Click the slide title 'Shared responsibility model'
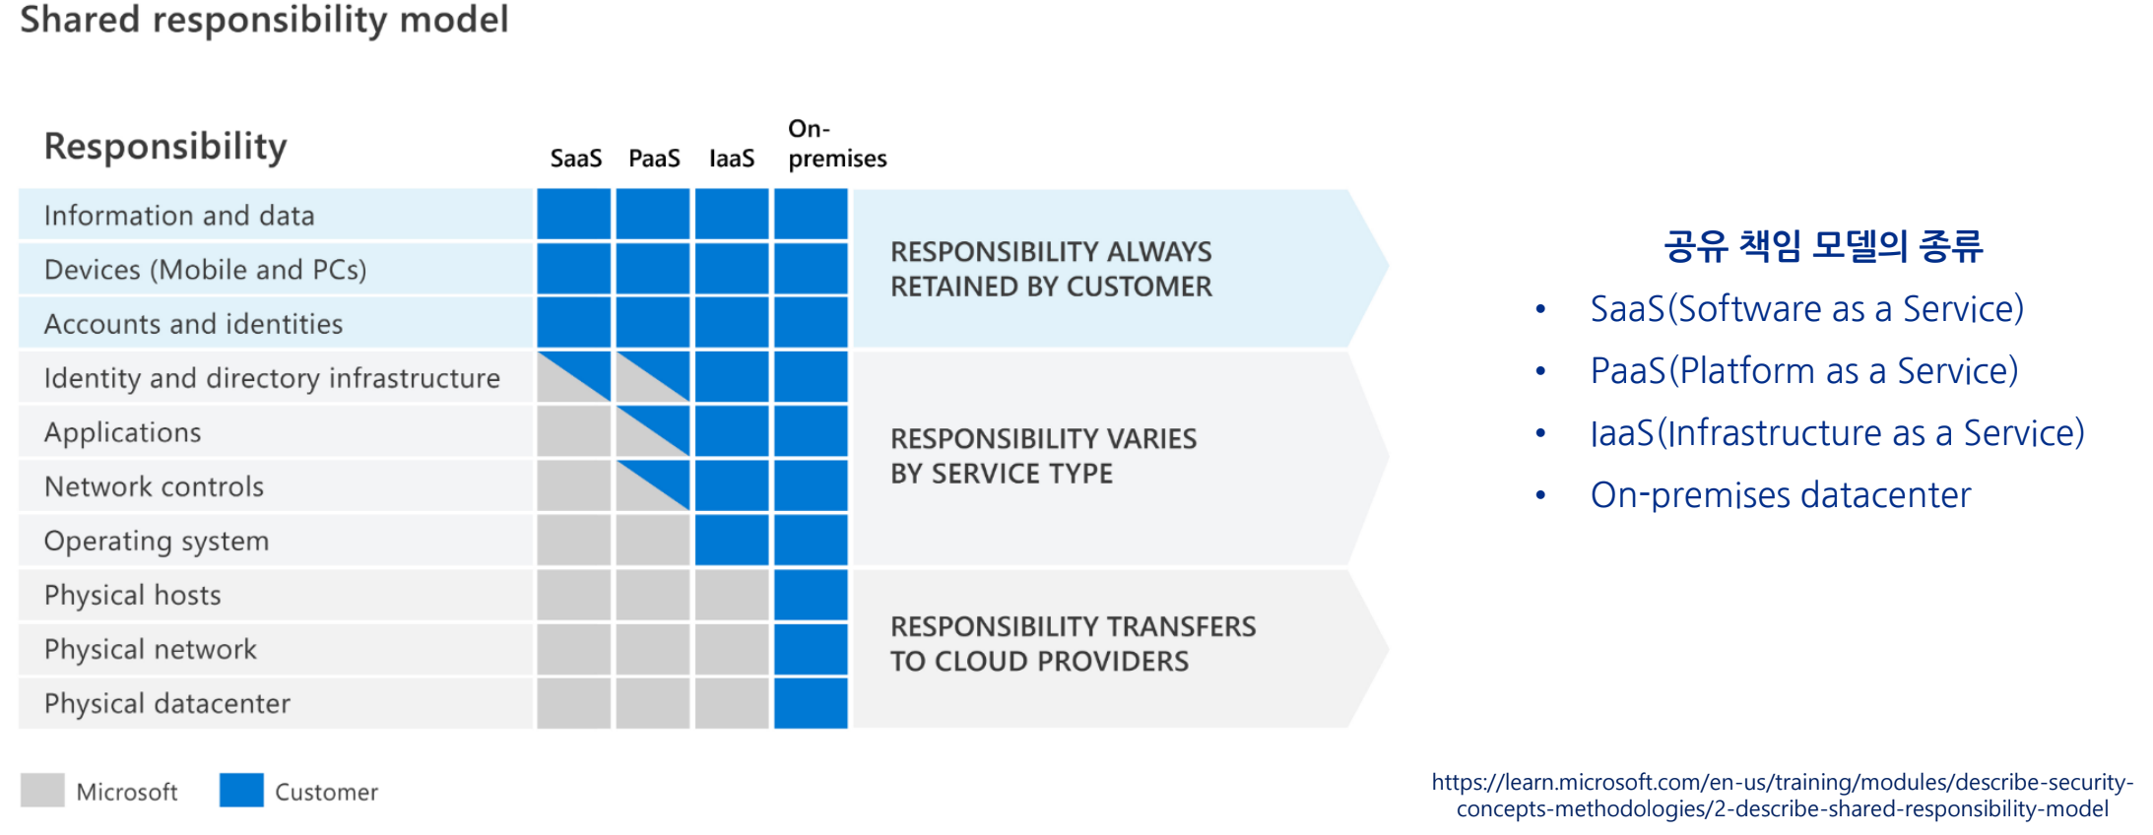point(264,20)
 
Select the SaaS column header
point(575,159)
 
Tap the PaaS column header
point(654,159)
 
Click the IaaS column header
point(732,159)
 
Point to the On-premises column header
point(836,144)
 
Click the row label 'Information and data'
point(179,216)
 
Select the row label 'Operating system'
point(157,541)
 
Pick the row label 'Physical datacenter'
point(167,703)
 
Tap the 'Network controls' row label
point(154,486)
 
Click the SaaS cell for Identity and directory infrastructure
point(574,377)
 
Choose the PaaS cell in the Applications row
point(653,431)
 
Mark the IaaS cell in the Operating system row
point(732,540)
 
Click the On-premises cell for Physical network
point(811,649)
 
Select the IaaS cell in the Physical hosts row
point(732,595)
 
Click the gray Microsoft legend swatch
point(42,790)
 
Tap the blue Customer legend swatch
point(241,790)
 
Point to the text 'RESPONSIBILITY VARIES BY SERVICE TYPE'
point(1043,456)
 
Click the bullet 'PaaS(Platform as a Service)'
point(1803,371)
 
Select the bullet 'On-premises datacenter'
point(1780,494)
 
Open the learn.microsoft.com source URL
point(1782,796)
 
